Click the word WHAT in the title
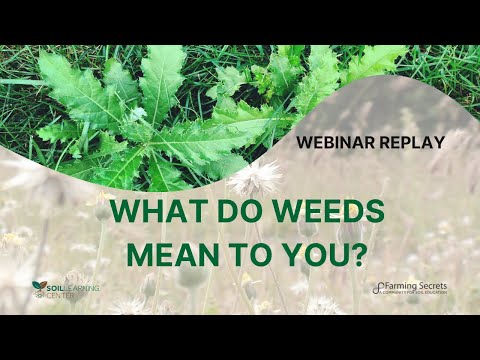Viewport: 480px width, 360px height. [154, 213]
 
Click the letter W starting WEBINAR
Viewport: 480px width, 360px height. [303, 142]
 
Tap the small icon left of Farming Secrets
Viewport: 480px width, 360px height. [377, 288]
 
